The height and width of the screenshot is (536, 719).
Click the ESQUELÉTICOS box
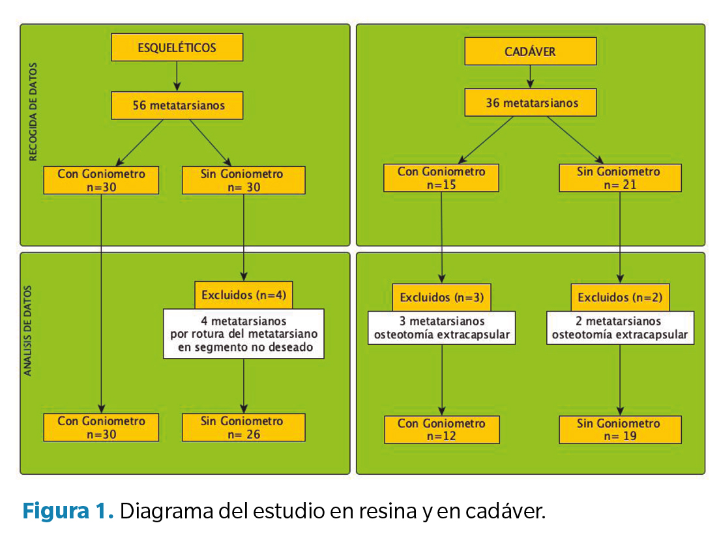coord(177,48)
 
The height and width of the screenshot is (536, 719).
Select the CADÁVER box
coord(530,51)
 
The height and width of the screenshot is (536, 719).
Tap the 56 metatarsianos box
coord(177,106)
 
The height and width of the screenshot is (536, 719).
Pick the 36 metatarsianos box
coord(530,103)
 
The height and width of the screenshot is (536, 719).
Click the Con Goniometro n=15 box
coord(441,178)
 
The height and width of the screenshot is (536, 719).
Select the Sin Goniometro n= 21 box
coord(619,178)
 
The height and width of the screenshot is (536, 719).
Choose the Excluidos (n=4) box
coord(244,295)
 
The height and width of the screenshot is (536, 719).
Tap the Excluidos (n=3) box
coord(441,297)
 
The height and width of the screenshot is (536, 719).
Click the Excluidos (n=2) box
coord(620,297)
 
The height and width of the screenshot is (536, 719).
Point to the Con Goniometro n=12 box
coord(441,430)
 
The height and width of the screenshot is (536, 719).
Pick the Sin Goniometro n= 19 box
coord(619,430)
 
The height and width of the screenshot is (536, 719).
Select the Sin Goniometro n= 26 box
coord(244,427)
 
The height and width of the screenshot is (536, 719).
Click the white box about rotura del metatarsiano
coord(243,334)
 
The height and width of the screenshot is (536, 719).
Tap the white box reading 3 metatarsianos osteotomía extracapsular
coord(441,328)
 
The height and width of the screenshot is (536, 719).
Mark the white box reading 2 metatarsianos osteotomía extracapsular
coord(619,328)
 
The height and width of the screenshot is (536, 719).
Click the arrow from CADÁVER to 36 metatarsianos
coord(530,76)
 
